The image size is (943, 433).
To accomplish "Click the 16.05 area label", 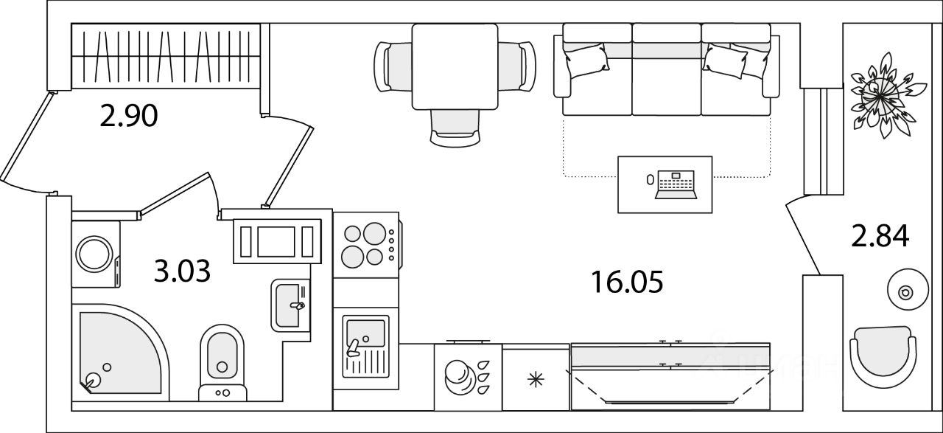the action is tap(627, 281).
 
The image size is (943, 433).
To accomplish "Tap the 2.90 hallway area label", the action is tap(130, 117).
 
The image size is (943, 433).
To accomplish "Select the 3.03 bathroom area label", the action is tap(182, 271).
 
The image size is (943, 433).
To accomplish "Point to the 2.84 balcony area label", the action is tap(880, 237).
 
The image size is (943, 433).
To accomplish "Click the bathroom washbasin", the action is tap(289, 305).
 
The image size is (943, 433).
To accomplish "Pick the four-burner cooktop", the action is tap(365, 244).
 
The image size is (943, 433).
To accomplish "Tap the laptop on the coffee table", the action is tap(675, 184).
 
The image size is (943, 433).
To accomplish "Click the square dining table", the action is tap(454, 66).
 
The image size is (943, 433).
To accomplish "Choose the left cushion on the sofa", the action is tap(586, 58).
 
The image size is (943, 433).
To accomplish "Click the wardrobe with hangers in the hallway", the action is tap(166, 54).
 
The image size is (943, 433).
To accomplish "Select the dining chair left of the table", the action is tap(393, 66).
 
